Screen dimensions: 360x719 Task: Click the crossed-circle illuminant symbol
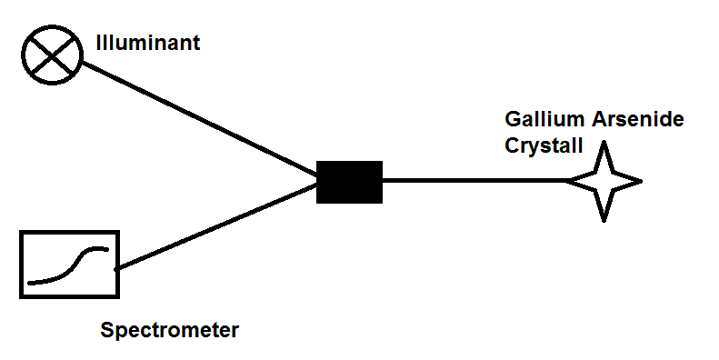(53, 51)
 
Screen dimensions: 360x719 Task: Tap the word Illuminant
(147, 42)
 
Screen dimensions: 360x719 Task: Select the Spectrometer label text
(169, 330)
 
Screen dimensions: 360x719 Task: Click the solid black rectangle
(349, 181)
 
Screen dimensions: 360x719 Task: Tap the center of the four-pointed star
(604, 181)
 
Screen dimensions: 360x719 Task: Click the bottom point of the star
(604, 219)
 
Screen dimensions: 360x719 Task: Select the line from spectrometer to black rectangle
(218, 224)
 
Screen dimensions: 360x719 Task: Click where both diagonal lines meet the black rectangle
(317, 178)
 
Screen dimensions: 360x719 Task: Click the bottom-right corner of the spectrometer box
(118, 295)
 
